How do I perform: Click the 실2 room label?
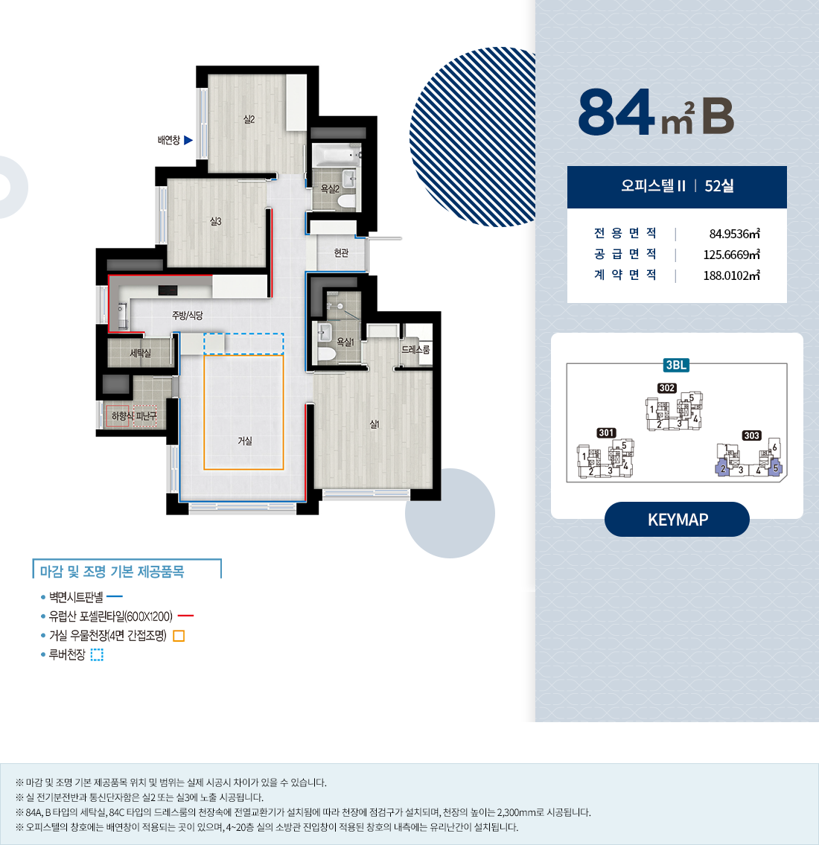click(249, 120)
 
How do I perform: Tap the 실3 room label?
click(215, 222)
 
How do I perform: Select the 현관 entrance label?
click(341, 252)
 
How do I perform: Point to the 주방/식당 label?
click(188, 315)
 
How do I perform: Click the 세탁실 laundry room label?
click(140, 353)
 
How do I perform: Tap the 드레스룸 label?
click(415, 350)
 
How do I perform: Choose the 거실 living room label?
click(245, 441)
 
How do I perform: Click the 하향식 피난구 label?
click(134, 416)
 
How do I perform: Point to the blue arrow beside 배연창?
click(188, 140)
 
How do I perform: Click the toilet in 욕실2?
click(346, 202)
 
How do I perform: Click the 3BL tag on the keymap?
click(676, 366)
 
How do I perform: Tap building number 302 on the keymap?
click(667, 388)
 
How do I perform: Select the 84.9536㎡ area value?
click(734, 234)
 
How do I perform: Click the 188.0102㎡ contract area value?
click(731, 276)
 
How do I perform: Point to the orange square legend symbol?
click(179, 636)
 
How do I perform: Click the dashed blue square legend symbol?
click(97, 654)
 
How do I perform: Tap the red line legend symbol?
click(185, 616)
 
